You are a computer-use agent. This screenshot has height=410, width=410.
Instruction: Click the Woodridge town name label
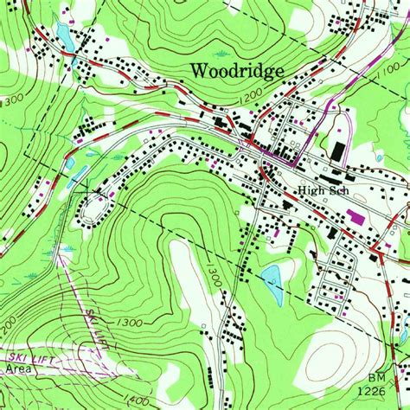(x=235, y=70)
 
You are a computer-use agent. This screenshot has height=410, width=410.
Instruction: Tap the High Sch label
(x=319, y=190)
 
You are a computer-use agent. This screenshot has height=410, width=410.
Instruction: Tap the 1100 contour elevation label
(x=387, y=75)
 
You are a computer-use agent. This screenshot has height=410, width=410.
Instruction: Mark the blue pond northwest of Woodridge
(x=63, y=35)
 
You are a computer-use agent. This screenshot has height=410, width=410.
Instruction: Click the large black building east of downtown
(x=336, y=151)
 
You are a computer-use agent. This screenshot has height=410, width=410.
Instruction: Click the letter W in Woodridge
(x=199, y=70)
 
